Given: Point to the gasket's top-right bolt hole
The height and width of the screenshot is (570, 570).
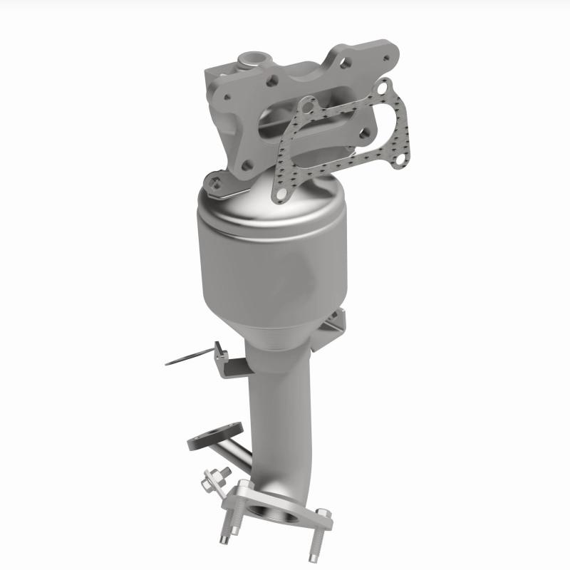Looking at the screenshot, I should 385,90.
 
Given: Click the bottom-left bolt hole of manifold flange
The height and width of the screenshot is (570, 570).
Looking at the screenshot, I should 246,165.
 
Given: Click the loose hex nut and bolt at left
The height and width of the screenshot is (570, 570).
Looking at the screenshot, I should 213,479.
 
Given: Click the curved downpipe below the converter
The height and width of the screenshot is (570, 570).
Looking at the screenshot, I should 274,413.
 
